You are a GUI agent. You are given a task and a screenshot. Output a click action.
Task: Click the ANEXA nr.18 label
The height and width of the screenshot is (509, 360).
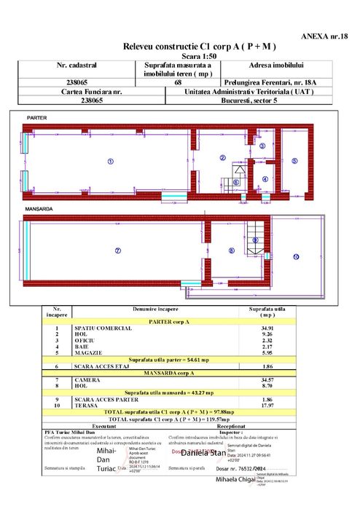tap(325, 34)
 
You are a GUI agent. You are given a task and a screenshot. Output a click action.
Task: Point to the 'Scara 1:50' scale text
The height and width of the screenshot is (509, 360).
tap(194, 56)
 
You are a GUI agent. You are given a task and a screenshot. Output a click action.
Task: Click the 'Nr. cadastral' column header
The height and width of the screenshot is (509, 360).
tap(77, 66)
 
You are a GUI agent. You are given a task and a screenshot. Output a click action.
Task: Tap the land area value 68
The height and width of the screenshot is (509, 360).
tap(179, 83)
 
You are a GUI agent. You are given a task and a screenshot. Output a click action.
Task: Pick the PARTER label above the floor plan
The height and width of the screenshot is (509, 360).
tap(36, 117)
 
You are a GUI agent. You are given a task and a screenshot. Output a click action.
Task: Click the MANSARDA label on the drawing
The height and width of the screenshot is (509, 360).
tap(40, 209)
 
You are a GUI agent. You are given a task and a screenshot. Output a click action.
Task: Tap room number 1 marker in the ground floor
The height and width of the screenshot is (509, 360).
tap(110, 161)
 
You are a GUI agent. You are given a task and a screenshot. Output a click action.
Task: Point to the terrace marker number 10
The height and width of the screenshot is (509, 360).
tap(296, 257)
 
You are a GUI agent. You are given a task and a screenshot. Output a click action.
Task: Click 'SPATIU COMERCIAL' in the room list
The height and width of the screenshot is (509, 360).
tap(103, 328)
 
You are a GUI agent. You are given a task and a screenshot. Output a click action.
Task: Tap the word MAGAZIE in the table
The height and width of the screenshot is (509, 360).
tap(88, 352)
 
